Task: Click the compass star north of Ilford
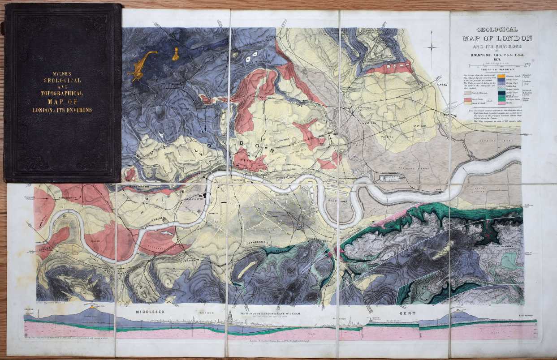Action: [x=432, y=47]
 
